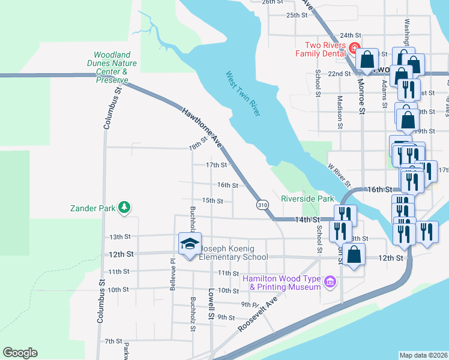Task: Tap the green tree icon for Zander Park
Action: (x=124, y=208)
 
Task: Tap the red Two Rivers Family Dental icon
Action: (x=355, y=49)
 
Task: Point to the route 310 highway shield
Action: (x=262, y=205)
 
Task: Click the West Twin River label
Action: (x=243, y=94)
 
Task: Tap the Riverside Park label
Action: (x=307, y=199)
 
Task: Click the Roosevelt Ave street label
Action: (x=259, y=313)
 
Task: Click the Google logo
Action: (x=20, y=353)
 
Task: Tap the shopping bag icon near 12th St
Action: (x=355, y=254)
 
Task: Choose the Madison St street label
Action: (x=340, y=112)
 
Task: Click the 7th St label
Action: (x=113, y=341)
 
